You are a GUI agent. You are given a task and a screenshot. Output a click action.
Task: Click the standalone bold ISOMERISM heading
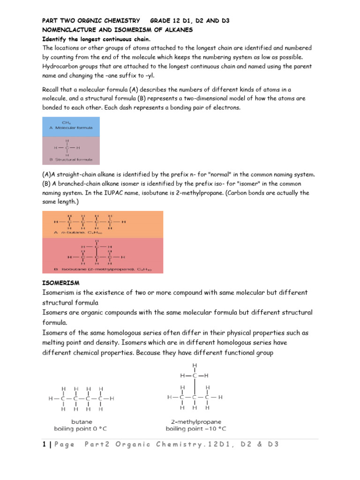pos(61,283)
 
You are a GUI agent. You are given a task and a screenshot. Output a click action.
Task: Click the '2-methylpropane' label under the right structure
pos(195,421)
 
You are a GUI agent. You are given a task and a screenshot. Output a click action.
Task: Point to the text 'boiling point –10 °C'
pos(195,428)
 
